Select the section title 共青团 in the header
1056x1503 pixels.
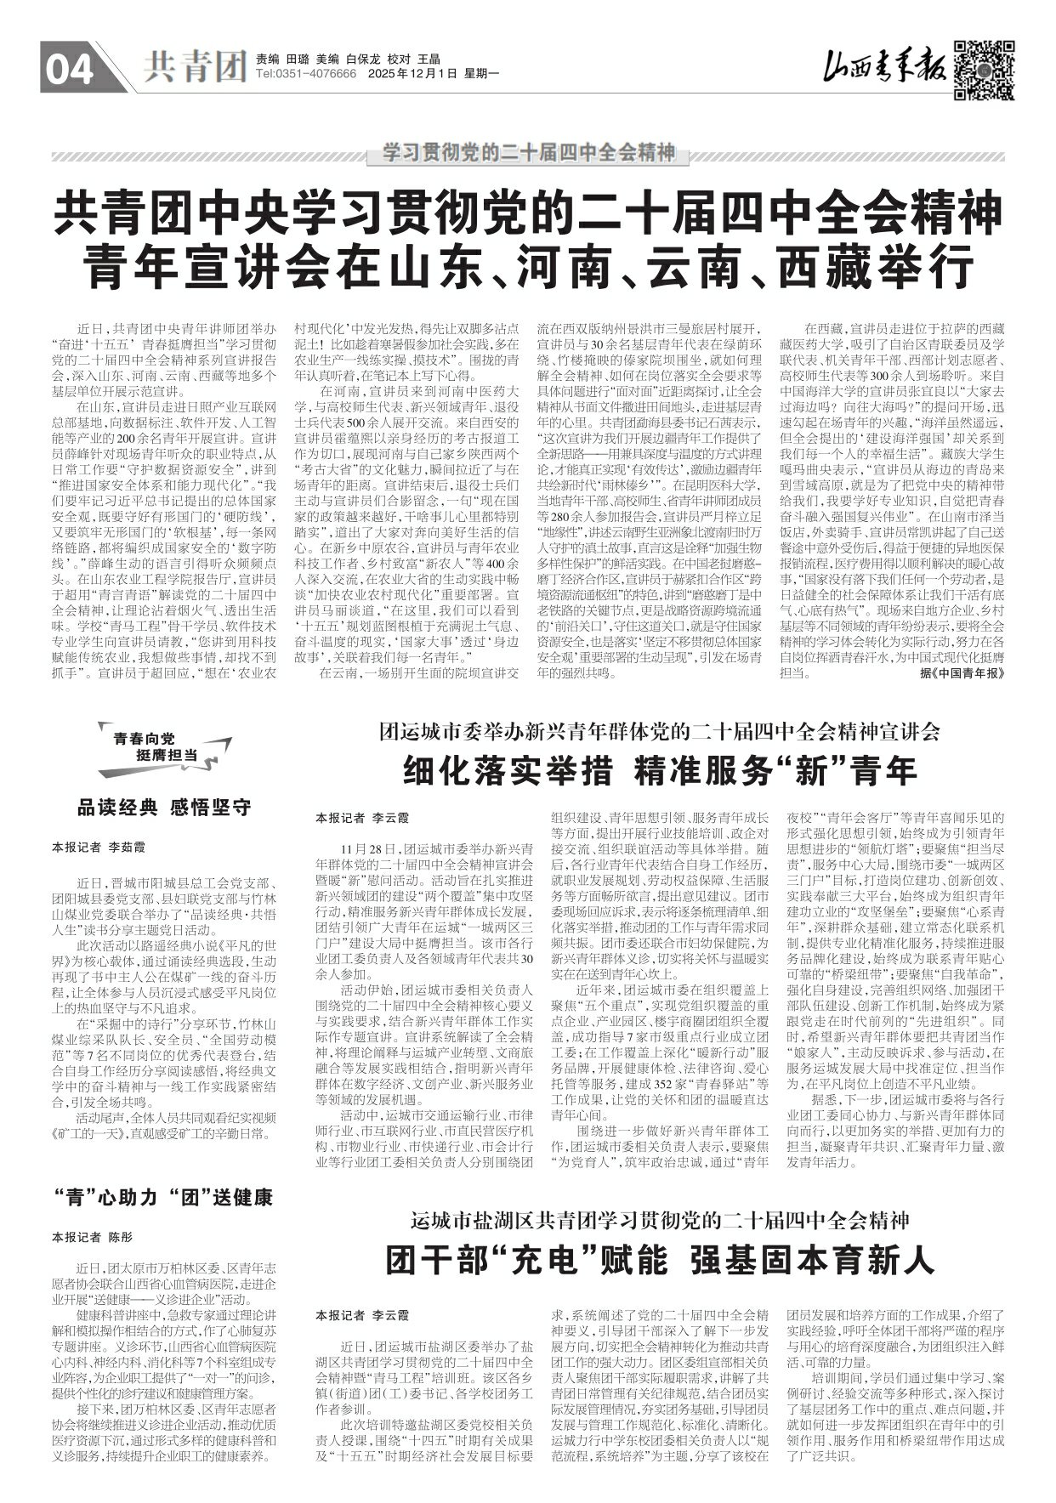tap(195, 66)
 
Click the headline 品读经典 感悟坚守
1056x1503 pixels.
tap(164, 807)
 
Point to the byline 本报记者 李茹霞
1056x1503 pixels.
tap(99, 848)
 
